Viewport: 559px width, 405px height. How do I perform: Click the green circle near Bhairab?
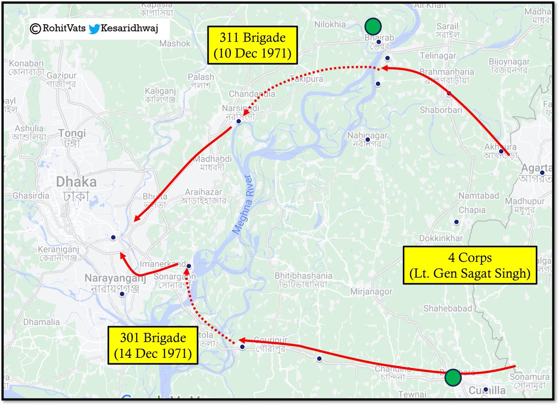click(x=373, y=25)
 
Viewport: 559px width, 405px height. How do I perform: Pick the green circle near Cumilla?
click(x=452, y=377)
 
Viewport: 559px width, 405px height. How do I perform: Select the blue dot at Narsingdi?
click(x=239, y=121)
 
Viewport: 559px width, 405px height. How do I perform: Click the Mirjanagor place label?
click(x=371, y=292)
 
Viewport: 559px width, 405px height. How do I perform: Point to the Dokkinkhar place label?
click(x=441, y=238)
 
